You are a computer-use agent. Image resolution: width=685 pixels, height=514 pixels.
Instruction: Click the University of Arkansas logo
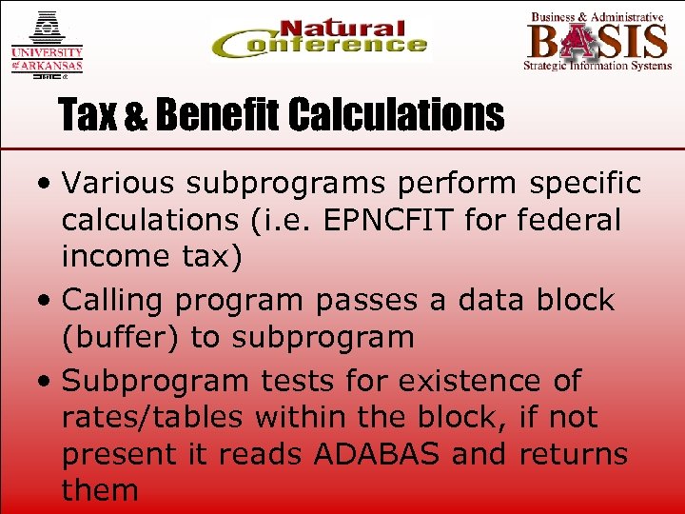tap(47, 44)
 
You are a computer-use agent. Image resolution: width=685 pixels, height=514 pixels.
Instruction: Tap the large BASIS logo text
tap(597, 41)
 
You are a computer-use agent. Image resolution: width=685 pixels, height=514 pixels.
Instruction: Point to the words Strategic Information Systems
tap(597, 66)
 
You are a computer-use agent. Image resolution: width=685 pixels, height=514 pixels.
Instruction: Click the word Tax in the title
tap(88, 116)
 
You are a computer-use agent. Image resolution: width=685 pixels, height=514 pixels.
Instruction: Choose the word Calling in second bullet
tap(115, 300)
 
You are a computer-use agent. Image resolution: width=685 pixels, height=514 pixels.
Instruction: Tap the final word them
tap(100, 490)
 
